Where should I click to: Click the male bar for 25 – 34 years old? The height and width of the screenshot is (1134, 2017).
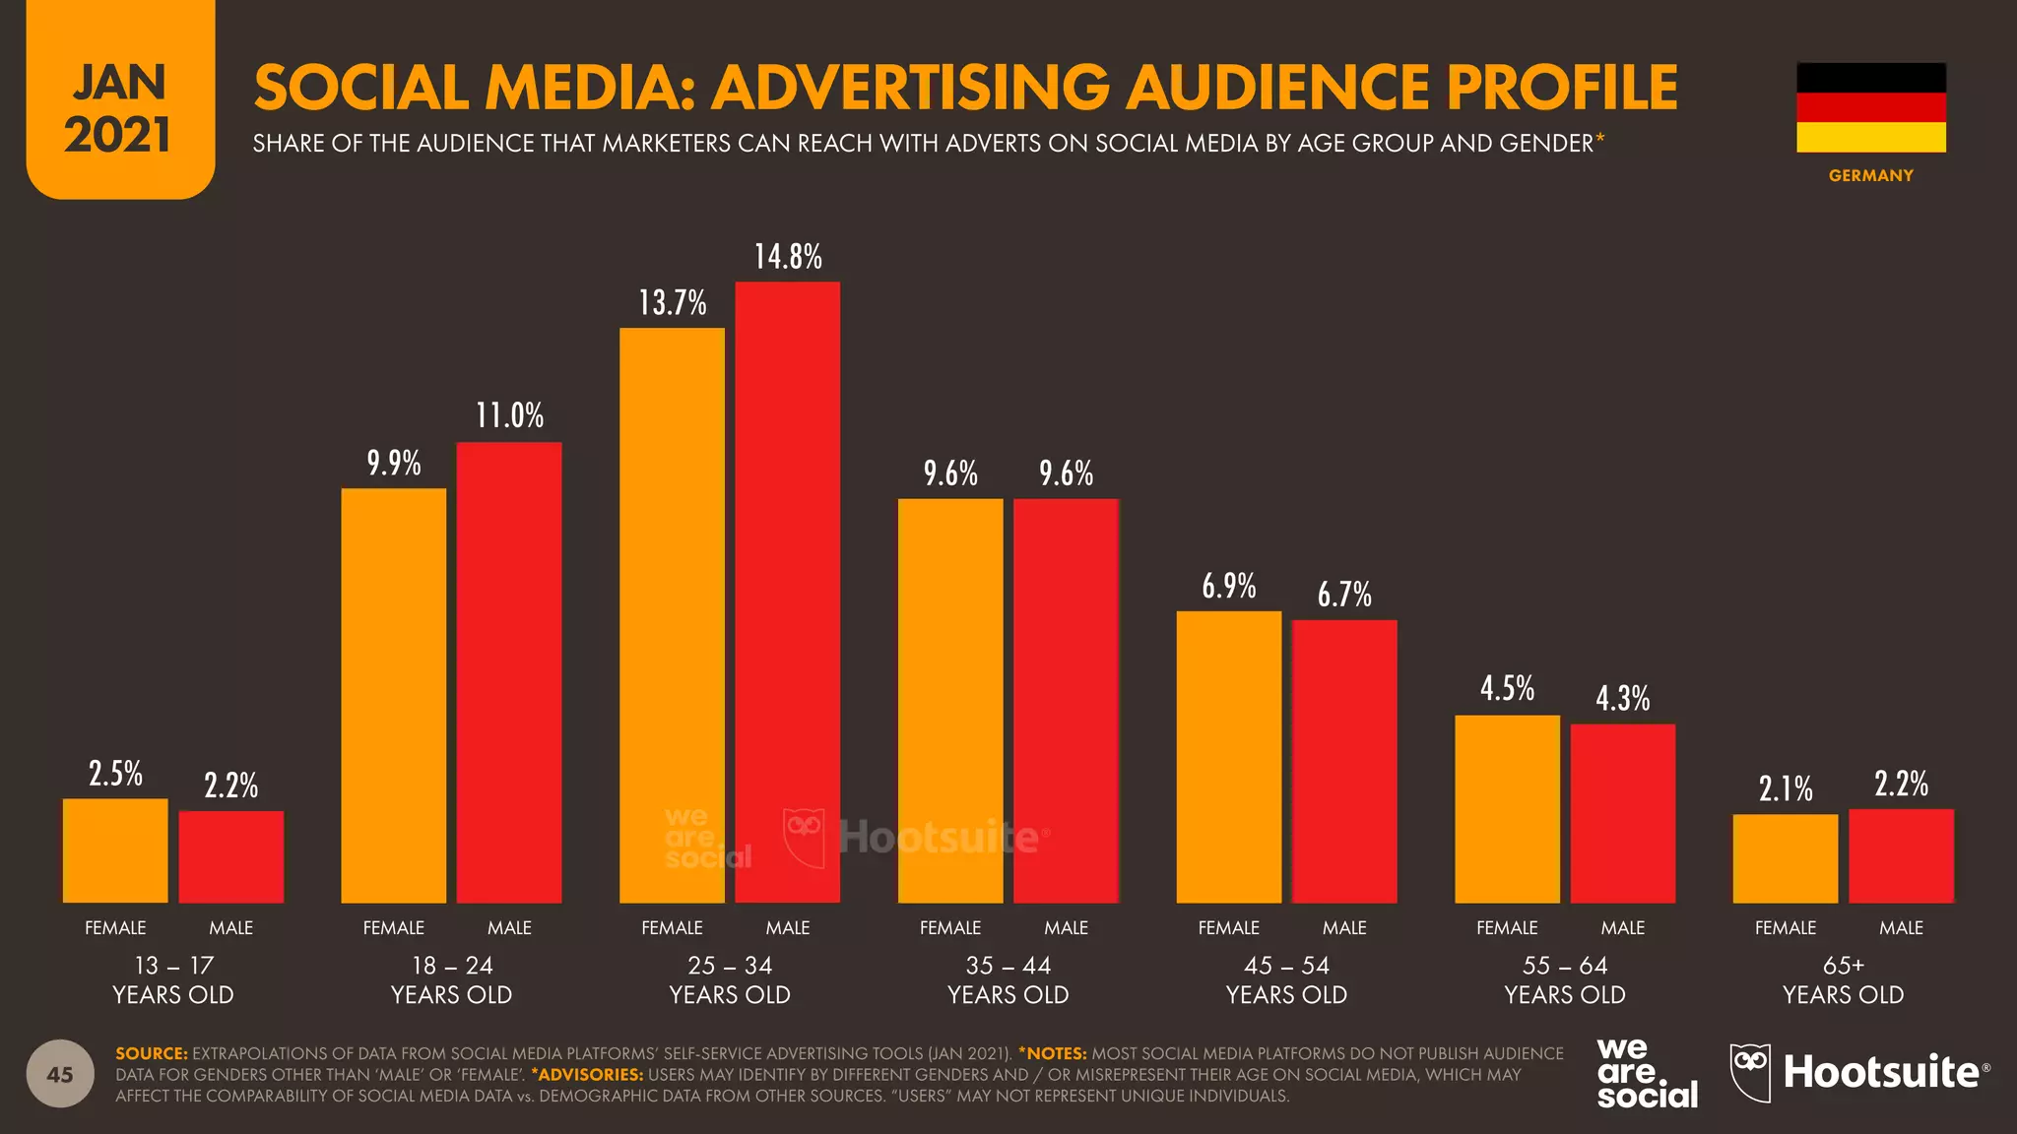point(788,593)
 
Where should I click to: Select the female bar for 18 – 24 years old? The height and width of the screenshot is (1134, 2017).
point(394,696)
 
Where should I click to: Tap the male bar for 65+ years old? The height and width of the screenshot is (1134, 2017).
point(1901,856)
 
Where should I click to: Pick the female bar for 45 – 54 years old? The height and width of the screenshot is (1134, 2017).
point(1229,757)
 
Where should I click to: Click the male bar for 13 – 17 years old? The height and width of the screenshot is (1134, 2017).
point(231,857)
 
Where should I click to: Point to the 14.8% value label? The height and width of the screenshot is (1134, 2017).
point(788,257)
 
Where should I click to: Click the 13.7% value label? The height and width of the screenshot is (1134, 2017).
point(673,303)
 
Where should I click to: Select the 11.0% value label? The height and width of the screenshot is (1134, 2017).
point(509,415)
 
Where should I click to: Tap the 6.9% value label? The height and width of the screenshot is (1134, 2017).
point(1229,587)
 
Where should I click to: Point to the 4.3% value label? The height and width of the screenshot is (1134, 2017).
point(1623,699)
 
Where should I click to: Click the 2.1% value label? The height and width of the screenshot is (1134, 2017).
point(1786,788)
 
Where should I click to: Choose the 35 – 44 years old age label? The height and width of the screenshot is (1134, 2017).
point(1008,979)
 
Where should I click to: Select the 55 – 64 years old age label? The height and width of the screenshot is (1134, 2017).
point(1565,979)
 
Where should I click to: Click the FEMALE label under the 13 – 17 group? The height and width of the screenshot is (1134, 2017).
point(115,928)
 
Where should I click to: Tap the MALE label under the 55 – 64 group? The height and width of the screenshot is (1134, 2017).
point(1623,928)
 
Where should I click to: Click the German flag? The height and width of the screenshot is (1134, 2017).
point(1871,107)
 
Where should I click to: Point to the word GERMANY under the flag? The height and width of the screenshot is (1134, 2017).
point(1871,175)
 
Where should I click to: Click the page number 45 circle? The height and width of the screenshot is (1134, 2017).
point(60,1074)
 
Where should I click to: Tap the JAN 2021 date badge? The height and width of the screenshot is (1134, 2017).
point(120,98)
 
